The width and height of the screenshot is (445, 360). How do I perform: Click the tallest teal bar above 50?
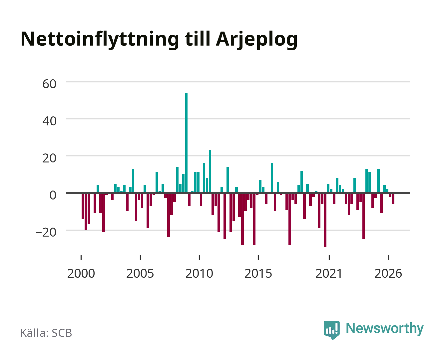click(x=186, y=143)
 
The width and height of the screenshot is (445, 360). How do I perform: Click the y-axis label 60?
click(x=49, y=84)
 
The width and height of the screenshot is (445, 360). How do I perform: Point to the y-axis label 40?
click(x=49, y=121)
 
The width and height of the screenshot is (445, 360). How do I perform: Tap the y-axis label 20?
click(x=49, y=158)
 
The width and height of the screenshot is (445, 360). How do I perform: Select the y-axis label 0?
click(x=53, y=195)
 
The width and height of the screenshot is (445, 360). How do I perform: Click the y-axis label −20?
click(x=46, y=232)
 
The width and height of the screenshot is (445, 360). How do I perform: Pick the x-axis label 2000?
click(x=81, y=273)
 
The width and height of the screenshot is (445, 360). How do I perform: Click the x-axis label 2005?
click(x=140, y=273)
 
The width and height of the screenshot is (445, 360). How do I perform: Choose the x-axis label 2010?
click(x=199, y=273)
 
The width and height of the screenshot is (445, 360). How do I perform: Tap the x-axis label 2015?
click(x=258, y=273)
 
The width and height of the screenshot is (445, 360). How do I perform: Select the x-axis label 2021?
click(x=329, y=273)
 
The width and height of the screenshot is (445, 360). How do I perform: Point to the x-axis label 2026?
click(x=388, y=273)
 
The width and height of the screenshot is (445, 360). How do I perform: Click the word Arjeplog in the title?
click(x=257, y=40)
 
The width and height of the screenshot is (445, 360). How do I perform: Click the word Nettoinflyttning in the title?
click(x=100, y=40)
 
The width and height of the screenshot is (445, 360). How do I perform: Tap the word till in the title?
click(x=198, y=39)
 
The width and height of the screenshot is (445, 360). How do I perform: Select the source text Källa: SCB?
click(x=46, y=333)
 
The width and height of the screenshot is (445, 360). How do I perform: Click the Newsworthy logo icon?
click(x=332, y=330)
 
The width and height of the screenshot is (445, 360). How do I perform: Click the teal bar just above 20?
click(x=210, y=171)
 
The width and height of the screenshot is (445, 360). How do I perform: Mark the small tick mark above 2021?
click(x=329, y=257)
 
